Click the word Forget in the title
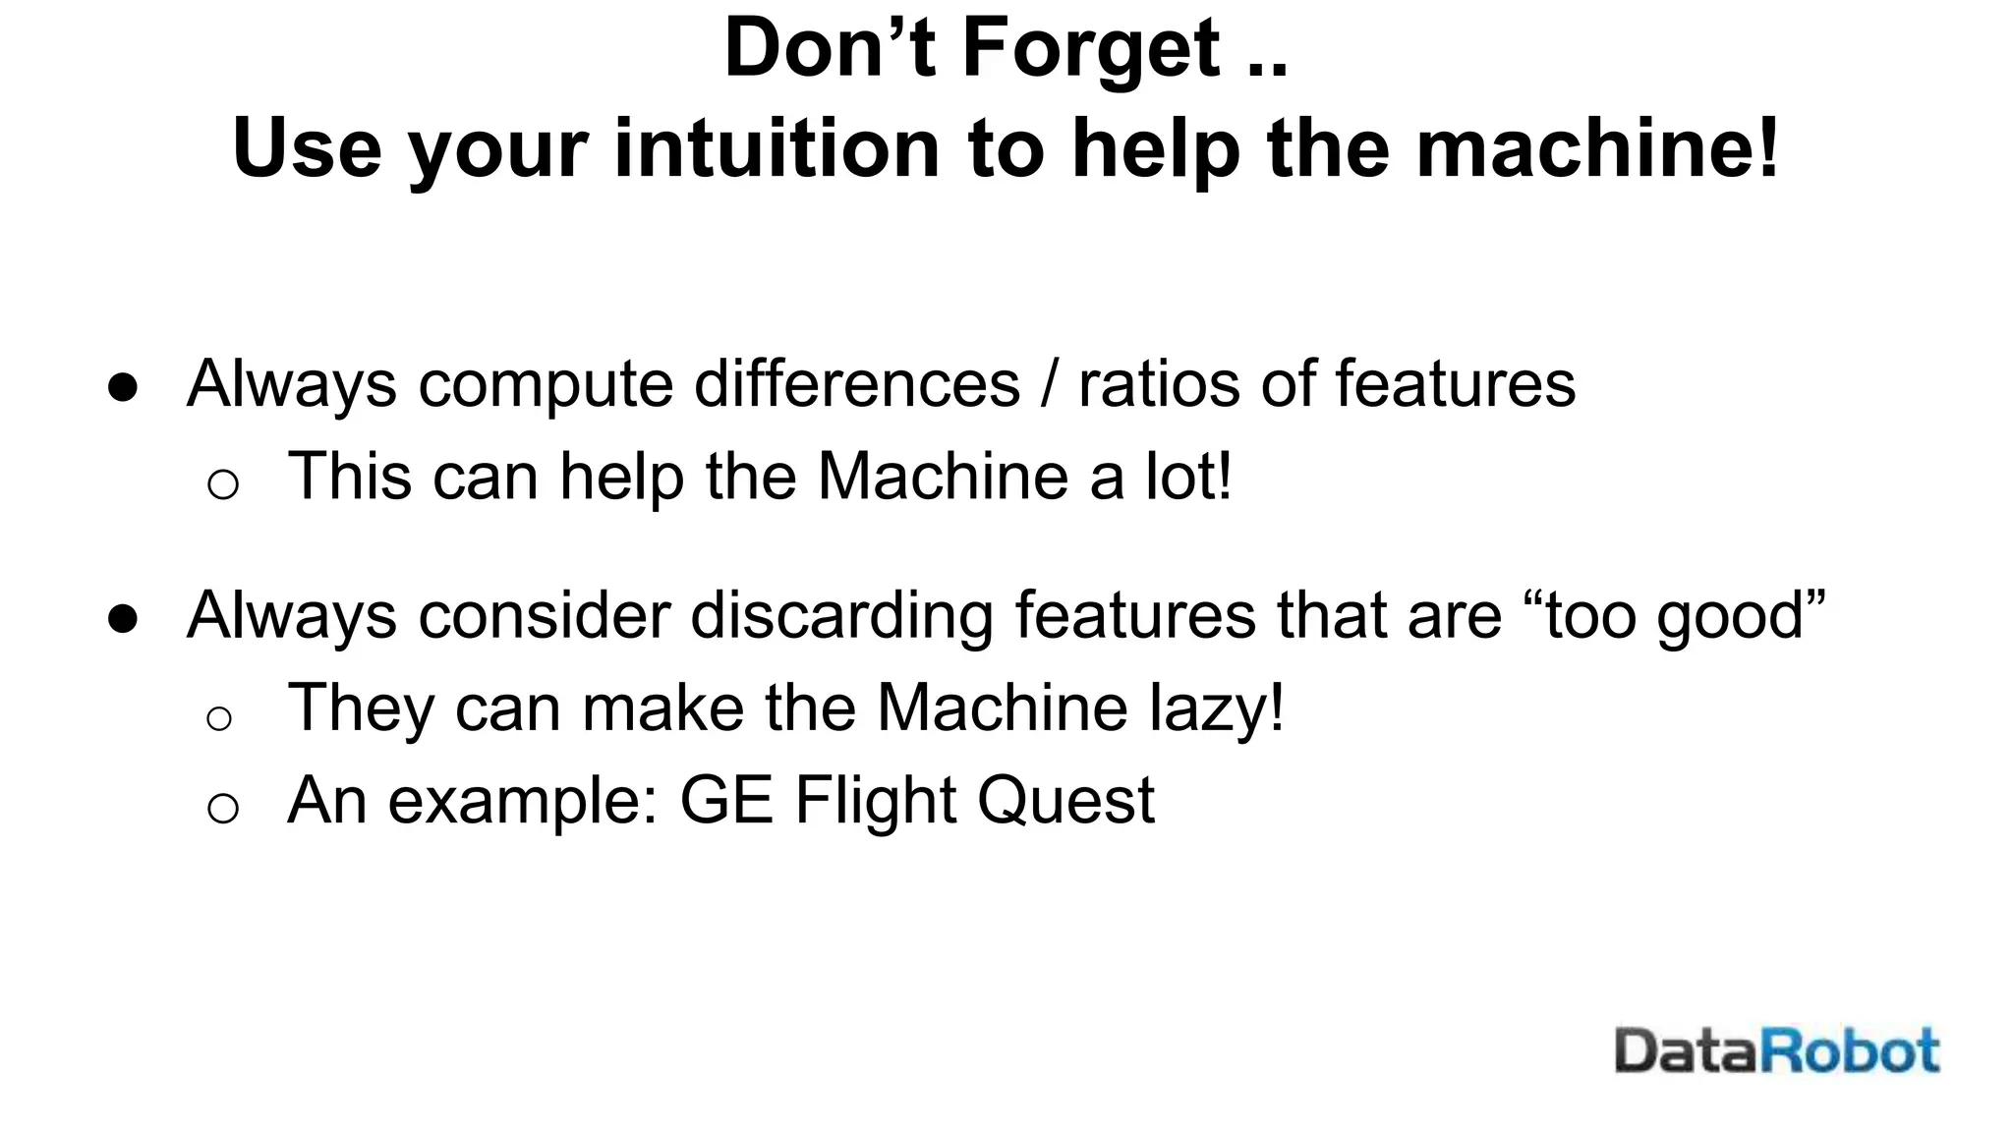(x=1091, y=49)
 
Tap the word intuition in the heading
(x=776, y=149)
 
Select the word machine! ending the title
(x=1597, y=149)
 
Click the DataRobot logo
(x=1776, y=1051)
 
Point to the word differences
(x=857, y=383)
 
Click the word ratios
(x=1159, y=383)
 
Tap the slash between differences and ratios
(x=1050, y=383)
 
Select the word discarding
(x=841, y=615)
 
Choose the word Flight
(x=875, y=800)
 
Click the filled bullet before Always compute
(x=123, y=387)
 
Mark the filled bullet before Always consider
(x=123, y=619)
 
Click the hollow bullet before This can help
(x=223, y=483)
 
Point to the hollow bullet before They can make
(x=219, y=718)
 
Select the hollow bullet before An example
(x=223, y=808)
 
